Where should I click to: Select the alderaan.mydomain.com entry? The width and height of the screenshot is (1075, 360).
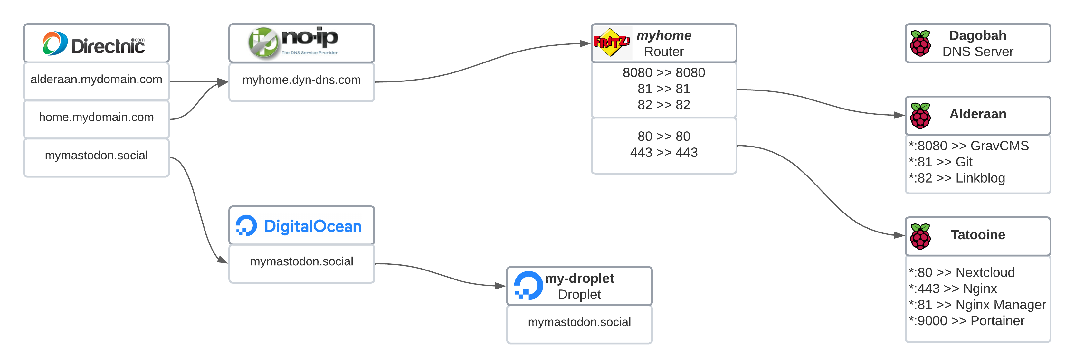96,79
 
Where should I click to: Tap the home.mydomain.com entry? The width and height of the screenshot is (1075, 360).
96,117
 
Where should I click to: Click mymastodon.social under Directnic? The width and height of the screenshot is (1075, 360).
96,156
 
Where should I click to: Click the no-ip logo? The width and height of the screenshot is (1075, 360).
293,42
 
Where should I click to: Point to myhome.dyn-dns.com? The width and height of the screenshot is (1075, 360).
301,80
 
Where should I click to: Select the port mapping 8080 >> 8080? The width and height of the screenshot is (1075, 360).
663,72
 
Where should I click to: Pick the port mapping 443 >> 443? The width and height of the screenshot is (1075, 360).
663,153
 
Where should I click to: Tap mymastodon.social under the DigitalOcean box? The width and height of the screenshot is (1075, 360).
301,261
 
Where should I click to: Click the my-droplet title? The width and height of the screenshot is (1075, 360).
579,278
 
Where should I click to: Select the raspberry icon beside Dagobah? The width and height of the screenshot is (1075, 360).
920,43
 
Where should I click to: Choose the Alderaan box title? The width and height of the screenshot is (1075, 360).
977,114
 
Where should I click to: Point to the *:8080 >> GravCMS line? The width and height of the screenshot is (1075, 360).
969,146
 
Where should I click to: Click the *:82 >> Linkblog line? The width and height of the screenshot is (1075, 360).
957,178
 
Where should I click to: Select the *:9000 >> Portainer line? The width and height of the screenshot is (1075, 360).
966,321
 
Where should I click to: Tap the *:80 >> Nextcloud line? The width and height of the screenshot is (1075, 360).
962,272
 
